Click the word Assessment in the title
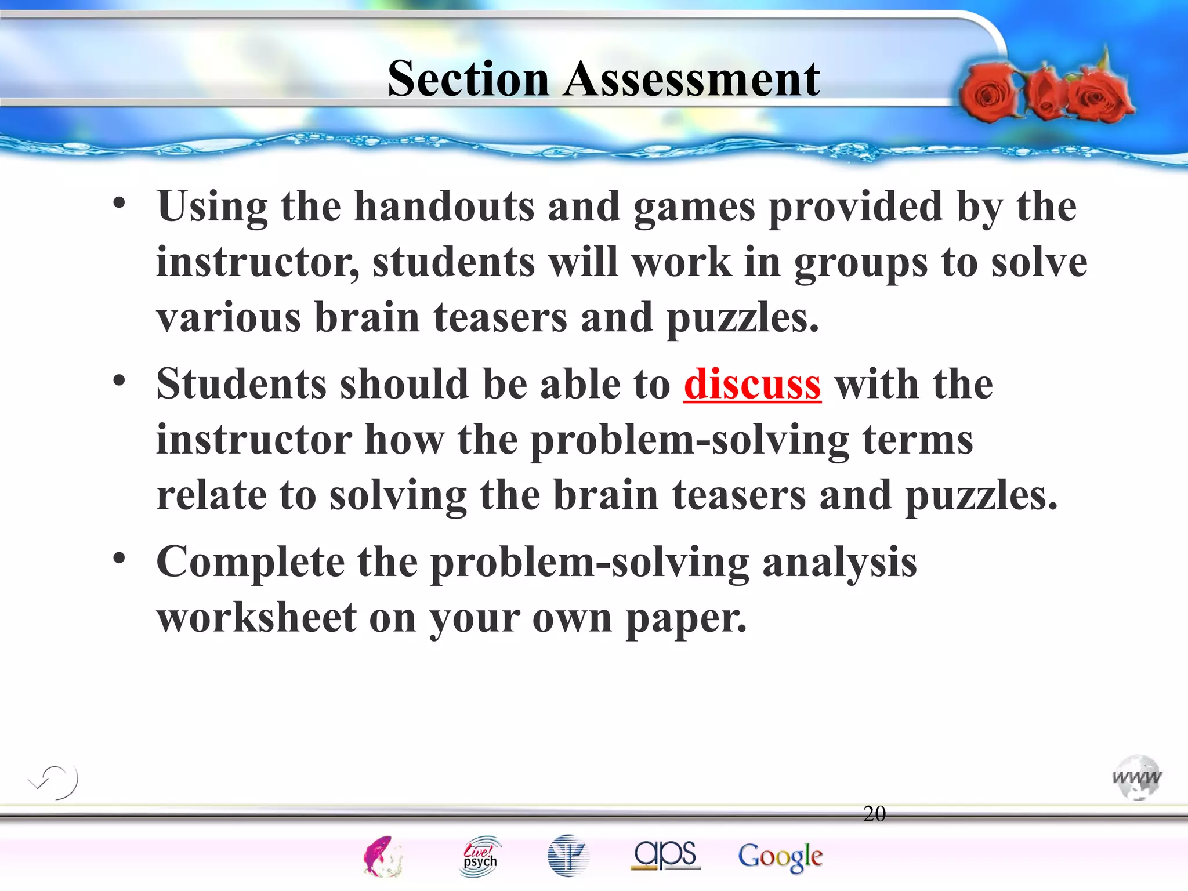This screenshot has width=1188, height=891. [x=691, y=79]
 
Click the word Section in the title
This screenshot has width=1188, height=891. [x=468, y=79]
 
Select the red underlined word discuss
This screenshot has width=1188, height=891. [x=752, y=384]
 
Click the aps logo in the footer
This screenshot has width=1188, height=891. [x=665, y=854]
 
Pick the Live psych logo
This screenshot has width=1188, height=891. [x=480, y=856]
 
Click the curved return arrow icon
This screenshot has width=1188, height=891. [x=54, y=781]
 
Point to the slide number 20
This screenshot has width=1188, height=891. [x=874, y=813]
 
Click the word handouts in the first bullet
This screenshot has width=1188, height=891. [x=444, y=207]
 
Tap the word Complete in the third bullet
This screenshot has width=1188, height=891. [x=251, y=563]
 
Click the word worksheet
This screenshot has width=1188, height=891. [x=257, y=618]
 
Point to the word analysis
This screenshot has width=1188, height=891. [x=839, y=563]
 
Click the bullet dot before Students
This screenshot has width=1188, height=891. [x=119, y=381]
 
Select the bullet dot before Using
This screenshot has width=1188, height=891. [x=119, y=203]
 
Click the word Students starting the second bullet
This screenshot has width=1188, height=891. [x=241, y=384]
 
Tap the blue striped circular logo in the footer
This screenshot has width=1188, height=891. [x=567, y=856]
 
